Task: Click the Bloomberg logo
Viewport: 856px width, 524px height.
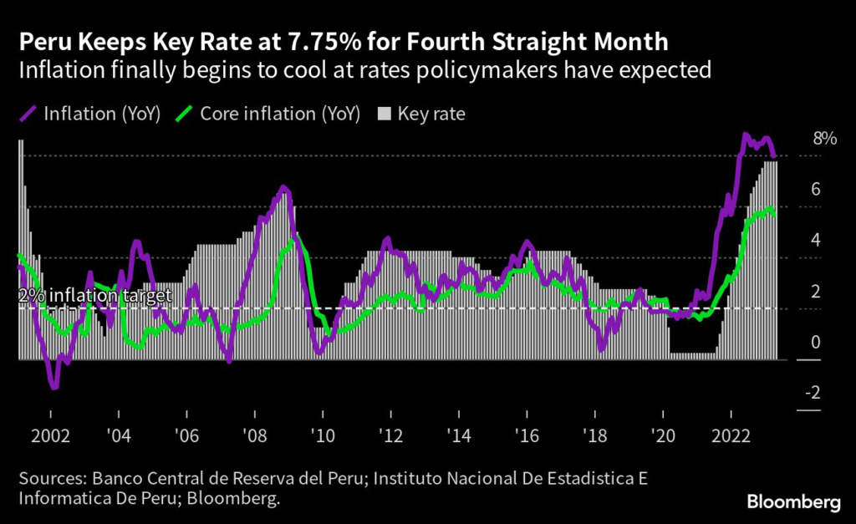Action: click(793, 501)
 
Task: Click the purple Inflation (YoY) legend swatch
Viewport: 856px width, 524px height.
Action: click(30, 113)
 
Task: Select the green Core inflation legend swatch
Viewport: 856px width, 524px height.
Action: click(186, 113)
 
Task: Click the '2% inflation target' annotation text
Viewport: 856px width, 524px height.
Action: click(94, 295)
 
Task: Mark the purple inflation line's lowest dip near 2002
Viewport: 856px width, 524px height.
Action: click(54, 387)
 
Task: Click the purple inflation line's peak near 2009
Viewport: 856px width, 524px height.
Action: click(283, 187)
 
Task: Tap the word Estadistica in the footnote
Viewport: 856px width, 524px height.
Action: click(579, 480)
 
